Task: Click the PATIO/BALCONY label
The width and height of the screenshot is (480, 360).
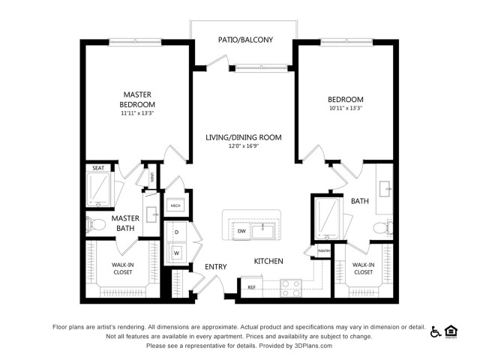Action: (244, 40)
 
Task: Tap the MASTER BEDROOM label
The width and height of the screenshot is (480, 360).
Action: (138, 99)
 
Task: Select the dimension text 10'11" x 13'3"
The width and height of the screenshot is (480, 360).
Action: (345, 108)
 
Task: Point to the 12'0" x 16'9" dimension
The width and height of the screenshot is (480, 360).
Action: (243, 147)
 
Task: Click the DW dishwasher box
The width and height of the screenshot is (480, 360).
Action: (241, 232)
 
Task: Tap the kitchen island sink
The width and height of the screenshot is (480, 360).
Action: (262, 230)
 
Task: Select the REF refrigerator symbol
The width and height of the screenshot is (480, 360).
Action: (252, 286)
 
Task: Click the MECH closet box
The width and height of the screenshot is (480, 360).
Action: (175, 205)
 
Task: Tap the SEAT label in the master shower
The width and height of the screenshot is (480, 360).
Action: (98, 169)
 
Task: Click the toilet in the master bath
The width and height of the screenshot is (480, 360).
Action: (94, 223)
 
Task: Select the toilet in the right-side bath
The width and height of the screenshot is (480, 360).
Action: (384, 226)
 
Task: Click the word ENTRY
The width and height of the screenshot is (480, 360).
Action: (215, 266)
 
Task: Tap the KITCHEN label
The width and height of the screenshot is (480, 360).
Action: (268, 261)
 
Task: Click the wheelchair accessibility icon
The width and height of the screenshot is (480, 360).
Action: (436, 331)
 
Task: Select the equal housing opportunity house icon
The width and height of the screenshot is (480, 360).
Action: (451, 331)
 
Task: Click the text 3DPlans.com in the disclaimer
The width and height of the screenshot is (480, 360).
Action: (309, 346)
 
